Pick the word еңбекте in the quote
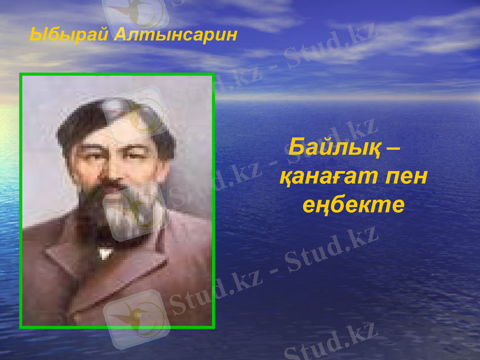[353, 205]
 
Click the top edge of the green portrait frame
[117, 75]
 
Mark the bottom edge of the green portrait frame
[117, 326]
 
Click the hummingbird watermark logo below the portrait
[137, 318]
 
